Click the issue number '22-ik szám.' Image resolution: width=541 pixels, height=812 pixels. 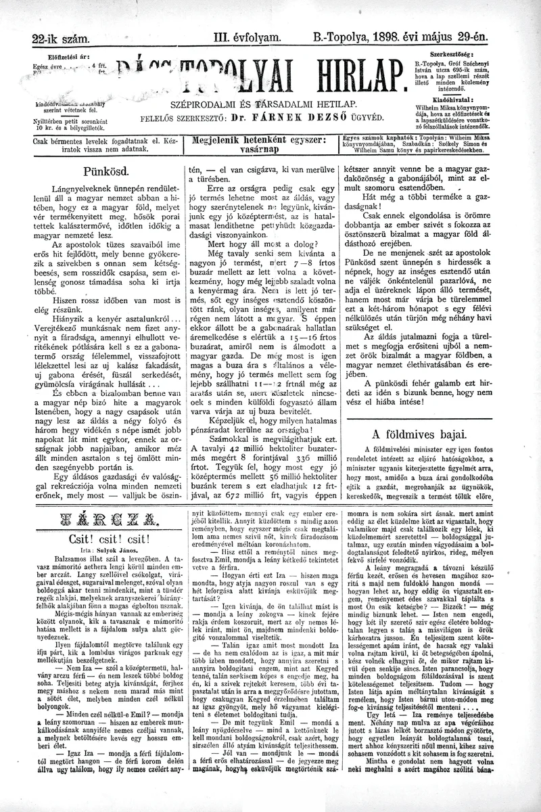coord(60,39)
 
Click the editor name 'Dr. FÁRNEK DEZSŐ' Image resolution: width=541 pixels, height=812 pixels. coord(292,116)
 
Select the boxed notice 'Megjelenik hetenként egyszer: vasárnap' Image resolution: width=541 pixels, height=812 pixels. coord(259,146)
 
